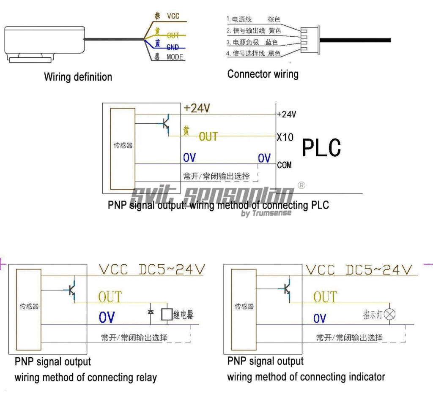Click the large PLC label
[x=321, y=148]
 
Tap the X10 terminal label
[x=285, y=137]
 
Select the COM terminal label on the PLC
[x=284, y=165]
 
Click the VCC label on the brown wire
[x=173, y=16]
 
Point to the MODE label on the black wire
[x=175, y=57]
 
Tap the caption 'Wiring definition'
[x=78, y=77]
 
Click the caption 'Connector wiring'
[x=263, y=74]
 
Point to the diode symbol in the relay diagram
[x=151, y=312]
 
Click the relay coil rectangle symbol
[x=167, y=313]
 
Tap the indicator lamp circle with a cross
[x=392, y=314]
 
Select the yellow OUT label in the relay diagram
[x=110, y=297]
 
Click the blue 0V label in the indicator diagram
[x=320, y=318]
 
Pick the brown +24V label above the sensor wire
[x=197, y=109]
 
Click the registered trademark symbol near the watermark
[x=301, y=185]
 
